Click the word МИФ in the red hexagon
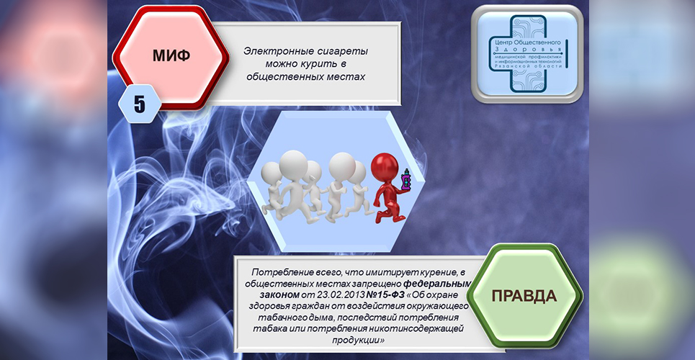tap(171, 55)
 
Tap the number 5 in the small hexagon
tap(140, 104)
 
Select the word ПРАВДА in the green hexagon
tap(524, 296)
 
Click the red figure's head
tap(385, 166)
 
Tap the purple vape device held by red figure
tap(405, 181)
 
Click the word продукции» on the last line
tap(357, 341)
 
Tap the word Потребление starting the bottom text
tap(282, 272)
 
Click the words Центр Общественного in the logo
tap(527, 42)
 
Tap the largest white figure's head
tap(293, 163)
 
